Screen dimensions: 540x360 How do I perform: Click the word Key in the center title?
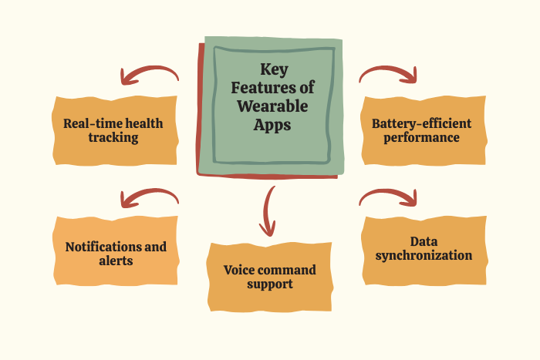274,70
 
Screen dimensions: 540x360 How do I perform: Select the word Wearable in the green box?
272,106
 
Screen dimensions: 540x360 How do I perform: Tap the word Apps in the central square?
272,125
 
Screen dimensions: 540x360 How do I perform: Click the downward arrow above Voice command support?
267,210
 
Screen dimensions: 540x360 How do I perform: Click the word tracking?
113,137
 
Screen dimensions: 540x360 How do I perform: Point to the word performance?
421,138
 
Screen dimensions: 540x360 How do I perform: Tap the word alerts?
116,261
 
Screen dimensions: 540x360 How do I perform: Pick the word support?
270,284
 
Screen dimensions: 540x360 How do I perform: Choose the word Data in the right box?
424,241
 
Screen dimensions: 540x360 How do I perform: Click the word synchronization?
424,255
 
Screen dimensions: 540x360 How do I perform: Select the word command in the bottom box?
284,270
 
